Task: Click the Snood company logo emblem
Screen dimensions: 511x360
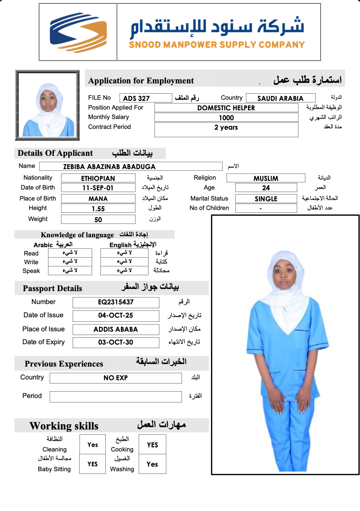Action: pos(78,32)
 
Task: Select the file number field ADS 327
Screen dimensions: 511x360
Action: pos(146,98)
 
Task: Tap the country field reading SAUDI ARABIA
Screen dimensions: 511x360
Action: pos(280,98)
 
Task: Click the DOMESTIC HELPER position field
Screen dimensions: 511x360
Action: pos(226,108)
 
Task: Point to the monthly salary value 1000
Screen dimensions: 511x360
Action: pos(226,118)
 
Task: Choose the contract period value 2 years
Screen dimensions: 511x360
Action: pos(226,128)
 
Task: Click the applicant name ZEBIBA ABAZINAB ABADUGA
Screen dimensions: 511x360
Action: pos(131,166)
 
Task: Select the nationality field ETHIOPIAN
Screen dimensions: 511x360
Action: pos(98,178)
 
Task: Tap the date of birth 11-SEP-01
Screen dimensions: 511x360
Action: pos(98,188)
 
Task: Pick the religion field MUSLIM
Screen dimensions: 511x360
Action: pos(266,178)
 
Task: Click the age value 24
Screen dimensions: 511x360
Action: pos(266,188)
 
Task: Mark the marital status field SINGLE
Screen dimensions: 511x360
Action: pos(266,199)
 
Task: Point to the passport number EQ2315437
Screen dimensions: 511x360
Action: pos(116,302)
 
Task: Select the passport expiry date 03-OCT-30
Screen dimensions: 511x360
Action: pos(116,342)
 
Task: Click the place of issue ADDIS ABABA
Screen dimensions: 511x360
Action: pos(116,329)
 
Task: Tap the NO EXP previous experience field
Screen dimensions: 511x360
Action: pos(116,378)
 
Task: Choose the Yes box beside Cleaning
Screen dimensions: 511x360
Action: pos(92,445)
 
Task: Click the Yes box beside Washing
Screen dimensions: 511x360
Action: pos(152,464)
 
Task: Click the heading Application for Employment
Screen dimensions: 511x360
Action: pos(141,81)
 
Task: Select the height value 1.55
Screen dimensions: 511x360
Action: pos(98,208)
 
